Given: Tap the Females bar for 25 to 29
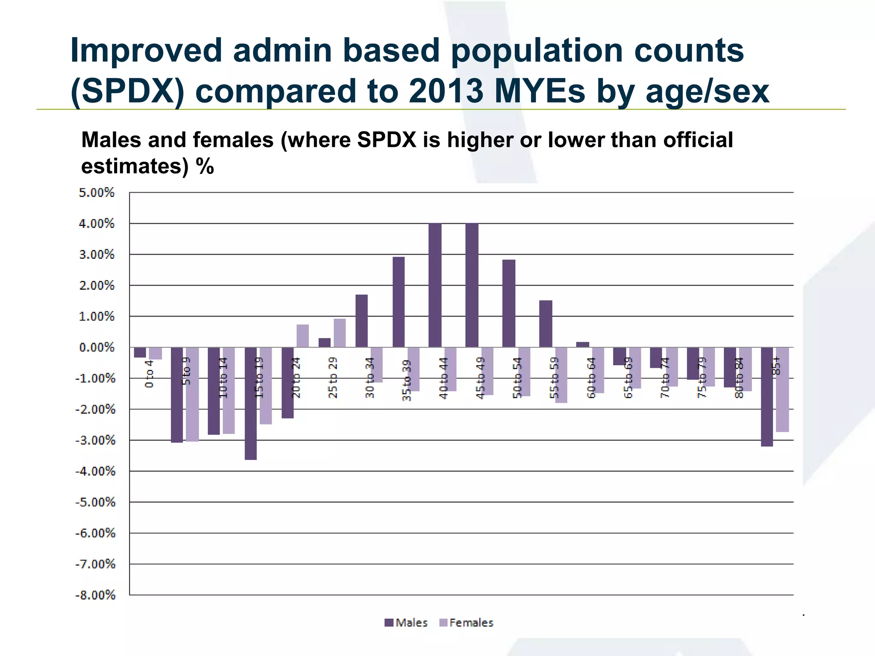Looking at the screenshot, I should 340,333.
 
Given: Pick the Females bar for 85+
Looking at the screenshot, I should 782,389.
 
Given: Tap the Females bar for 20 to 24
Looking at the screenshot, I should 302,336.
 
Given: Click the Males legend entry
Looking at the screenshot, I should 406,623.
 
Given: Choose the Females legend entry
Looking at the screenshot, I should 466,623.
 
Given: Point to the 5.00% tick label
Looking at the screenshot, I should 97,193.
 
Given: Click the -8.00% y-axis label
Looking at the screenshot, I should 95,595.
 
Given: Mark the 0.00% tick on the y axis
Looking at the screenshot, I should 97,347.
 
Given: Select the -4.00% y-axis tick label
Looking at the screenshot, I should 95,471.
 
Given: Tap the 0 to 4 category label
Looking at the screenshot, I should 149,374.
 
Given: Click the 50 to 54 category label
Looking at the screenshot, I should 517,378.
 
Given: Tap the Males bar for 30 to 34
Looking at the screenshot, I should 361,321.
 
